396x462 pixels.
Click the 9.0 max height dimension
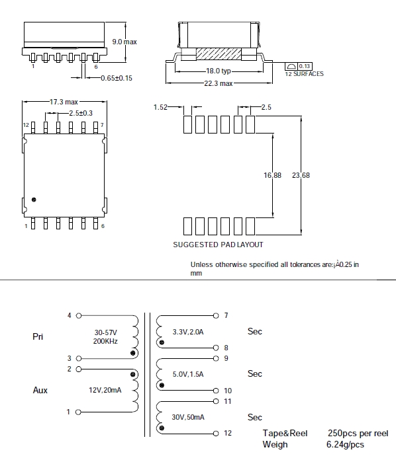(x=124, y=42)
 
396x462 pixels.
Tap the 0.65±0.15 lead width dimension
(x=117, y=79)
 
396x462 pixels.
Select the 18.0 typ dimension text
(x=219, y=71)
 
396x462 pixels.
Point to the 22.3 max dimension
(x=219, y=84)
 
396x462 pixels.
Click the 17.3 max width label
(x=64, y=102)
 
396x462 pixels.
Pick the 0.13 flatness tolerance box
(x=305, y=66)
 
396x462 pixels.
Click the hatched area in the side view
(x=219, y=54)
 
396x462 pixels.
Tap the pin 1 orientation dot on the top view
(x=34, y=200)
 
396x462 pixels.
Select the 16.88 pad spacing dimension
(x=272, y=175)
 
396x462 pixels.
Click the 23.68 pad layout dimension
(x=301, y=175)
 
